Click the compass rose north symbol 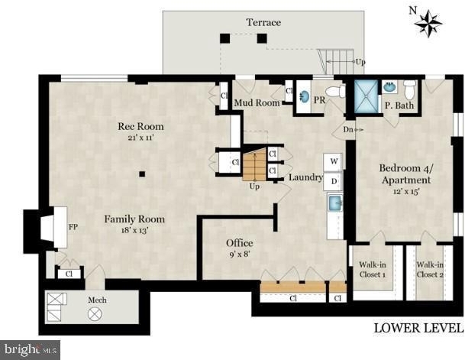click(428, 23)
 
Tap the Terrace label click(263, 22)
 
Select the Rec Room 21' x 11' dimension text click(140, 138)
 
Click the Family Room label click(134, 219)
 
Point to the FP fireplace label click(73, 227)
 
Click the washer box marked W click(333, 162)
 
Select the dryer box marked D click(333, 181)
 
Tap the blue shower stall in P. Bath click(367, 96)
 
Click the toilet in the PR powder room click(335, 92)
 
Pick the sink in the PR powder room click(303, 96)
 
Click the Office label click(240, 243)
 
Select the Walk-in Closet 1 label click(373, 270)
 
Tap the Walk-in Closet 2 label click(430, 270)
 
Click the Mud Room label click(257, 102)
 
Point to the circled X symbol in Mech click(95, 313)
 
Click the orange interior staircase click(254, 165)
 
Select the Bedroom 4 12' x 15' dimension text click(406, 191)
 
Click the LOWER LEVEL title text click(418, 328)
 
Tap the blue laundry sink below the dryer click(335, 203)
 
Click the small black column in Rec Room click(142, 174)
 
